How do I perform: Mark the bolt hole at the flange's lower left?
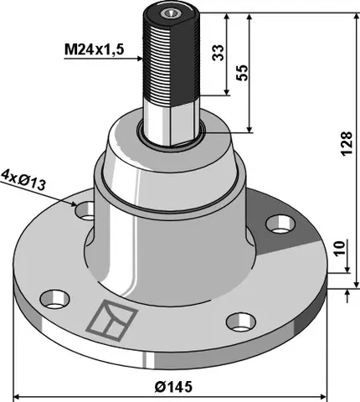pyautogui.click(x=55, y=297)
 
